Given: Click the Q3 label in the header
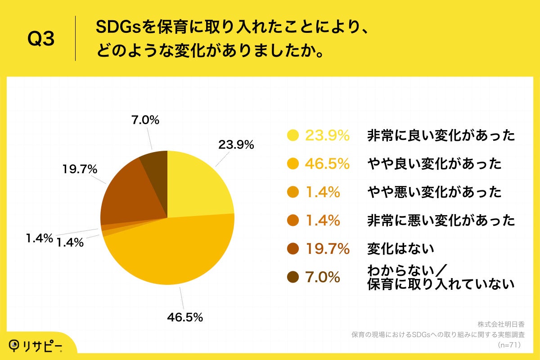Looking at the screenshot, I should [41, 39].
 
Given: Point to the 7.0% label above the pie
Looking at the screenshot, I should [145, 120].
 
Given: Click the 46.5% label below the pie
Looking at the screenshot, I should [185, 317].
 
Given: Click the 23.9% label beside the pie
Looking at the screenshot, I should [236, 145].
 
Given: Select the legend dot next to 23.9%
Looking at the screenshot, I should [293, 135].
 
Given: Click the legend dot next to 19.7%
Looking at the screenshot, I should [293, 249].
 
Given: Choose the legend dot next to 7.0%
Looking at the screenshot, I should [293, 277].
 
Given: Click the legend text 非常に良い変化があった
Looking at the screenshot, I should [441, 135].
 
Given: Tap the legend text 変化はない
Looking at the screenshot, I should [400, 249].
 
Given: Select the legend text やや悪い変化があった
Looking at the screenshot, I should [434, 192].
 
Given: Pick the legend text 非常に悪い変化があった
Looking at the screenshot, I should [441, 220].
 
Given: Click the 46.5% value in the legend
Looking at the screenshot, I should [327, 164].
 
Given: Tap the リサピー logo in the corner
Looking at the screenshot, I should [36, 345].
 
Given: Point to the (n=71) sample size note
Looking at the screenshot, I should [509, 345].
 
